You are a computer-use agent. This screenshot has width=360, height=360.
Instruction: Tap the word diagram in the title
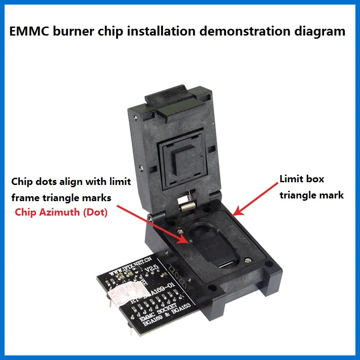pos(322,31)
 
